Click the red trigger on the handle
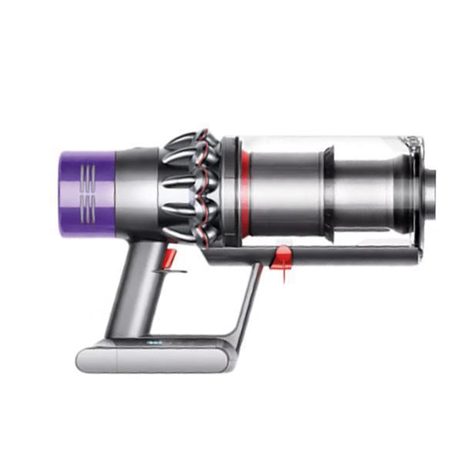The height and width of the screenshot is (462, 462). (170, 255)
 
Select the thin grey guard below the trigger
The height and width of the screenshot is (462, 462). (169, 272)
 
